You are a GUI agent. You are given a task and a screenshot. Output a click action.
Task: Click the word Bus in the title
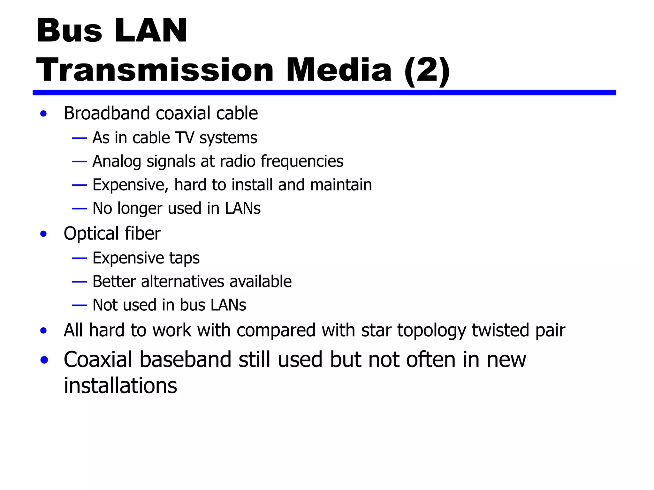[x=69, y=31]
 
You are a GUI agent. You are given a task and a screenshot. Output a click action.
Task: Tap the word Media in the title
[x=339, y=70]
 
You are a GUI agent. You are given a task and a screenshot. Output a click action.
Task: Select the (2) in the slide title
[x=427, y=71]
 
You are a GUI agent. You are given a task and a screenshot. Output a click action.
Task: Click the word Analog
[x=117, y=161]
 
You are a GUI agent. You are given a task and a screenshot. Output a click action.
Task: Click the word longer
[x=140, y=209]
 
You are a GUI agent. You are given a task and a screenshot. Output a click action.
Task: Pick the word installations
[x=120, y=386]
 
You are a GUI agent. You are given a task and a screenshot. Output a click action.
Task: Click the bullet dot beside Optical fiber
[x=43, y=234]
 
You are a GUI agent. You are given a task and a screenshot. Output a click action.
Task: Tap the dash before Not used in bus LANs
[x=79, y=305]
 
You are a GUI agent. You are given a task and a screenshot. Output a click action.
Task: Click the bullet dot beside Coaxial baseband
[x=44, y=360]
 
